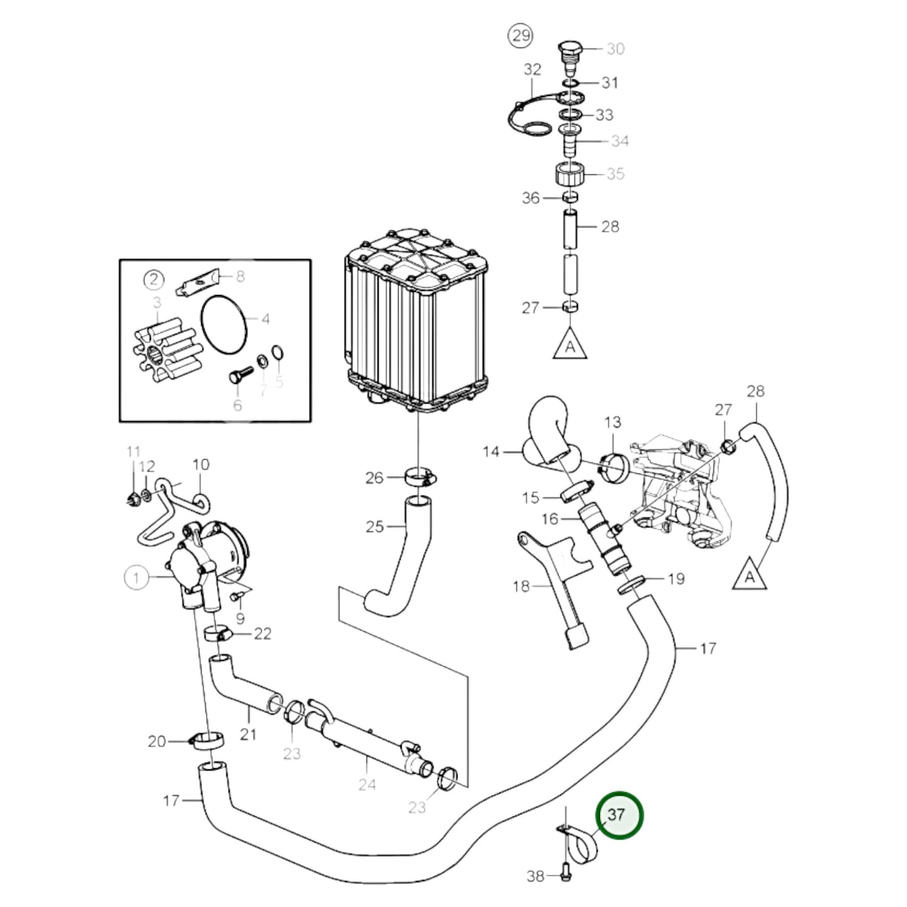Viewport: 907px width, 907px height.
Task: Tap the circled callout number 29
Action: (521, 36)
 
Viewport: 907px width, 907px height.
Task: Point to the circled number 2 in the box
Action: (153, 279)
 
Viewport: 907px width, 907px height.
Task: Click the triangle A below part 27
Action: (570, 344)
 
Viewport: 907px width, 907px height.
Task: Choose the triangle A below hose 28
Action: (749, 574)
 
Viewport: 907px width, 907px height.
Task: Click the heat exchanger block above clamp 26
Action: (416, 320)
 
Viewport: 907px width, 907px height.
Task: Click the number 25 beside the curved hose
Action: (375, 526)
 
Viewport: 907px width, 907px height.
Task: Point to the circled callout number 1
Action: (136, 577)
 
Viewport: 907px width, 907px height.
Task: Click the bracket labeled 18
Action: (559, 584)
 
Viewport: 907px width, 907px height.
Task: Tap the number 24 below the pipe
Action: (367, 784)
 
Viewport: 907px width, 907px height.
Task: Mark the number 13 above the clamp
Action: (613, 422)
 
